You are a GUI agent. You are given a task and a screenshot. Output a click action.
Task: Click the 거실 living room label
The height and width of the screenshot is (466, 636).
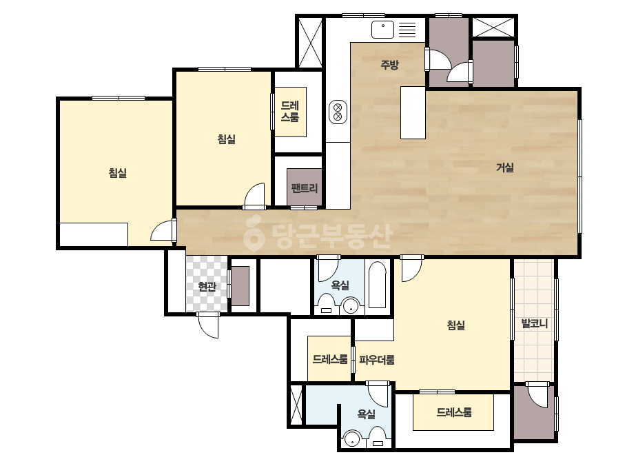[x=505, y=168]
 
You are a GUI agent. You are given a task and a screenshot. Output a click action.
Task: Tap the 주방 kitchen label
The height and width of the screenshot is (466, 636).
[x=390, y=64]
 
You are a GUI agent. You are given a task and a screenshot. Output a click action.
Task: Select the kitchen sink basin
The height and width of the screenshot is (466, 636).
[x=383, y=30]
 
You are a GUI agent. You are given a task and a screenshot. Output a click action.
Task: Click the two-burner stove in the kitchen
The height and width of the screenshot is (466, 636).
[x=338, y=112]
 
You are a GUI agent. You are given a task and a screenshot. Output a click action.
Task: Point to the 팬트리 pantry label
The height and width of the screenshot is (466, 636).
[x=304, y=188]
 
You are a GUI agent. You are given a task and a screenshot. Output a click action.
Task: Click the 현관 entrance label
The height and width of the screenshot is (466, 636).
[x=207, y=287]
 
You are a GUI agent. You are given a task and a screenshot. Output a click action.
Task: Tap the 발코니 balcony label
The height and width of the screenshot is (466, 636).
[x=534, y=323]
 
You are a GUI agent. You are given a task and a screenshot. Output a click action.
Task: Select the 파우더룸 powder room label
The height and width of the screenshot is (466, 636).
[x=376, y=360]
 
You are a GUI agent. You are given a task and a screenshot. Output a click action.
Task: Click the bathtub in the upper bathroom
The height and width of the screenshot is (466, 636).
[x=377, y=285]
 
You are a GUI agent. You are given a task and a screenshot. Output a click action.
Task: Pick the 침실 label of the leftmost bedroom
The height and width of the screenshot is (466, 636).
[x=118, y=173]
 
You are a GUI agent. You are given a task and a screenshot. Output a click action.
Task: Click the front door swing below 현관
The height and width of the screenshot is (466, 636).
[x=209, y=325]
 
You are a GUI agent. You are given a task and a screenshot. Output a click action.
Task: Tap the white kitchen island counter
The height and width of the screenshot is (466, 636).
[x=413, y=113]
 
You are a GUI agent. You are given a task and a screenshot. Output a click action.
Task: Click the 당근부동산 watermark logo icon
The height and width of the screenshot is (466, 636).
[x=254, y=233]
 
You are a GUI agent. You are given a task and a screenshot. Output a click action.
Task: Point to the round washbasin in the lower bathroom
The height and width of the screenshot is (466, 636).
[x=351, y=439]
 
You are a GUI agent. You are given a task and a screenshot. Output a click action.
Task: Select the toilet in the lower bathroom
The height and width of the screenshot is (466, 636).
[x=378, y=437]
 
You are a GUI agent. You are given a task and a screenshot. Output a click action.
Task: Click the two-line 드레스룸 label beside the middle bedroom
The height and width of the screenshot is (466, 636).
[x=290, y=112]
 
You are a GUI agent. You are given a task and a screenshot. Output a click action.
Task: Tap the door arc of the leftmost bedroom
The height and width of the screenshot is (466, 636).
[x=162, y=231]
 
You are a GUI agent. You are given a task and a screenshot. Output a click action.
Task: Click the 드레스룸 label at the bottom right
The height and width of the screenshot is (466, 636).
[x=454, y=412]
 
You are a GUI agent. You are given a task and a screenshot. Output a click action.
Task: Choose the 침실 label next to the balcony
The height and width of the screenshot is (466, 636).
[x=456, y=325]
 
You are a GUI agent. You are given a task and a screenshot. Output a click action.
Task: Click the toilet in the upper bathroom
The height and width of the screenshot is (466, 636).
[x=326, y=304]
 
